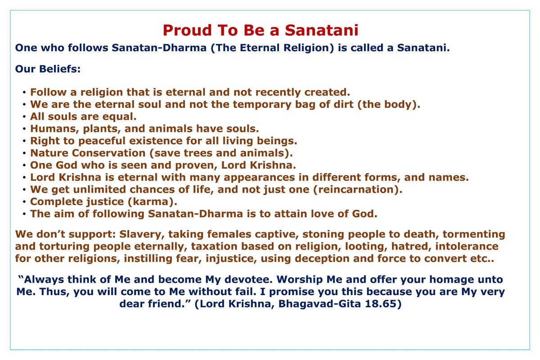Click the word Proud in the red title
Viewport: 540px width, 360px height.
tap(187, 31)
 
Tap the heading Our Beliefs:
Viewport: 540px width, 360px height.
tap(48, 69)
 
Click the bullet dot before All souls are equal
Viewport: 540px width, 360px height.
tap(24, 117)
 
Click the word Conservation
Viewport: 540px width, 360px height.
tap(109, 153)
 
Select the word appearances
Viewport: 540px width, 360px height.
tap(259, 178)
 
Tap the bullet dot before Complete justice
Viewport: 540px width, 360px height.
tap(24, 202)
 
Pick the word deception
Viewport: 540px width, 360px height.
tap(322, 259)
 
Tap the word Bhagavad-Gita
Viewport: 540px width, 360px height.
tap(319, 304)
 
